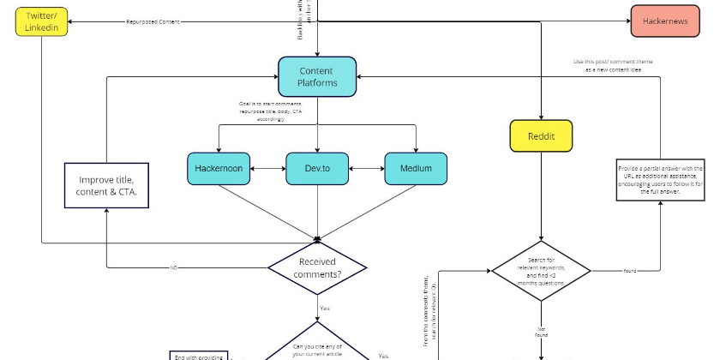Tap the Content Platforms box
click(x=317, y=76)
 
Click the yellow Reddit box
click(x=540, y=135)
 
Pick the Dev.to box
click(x=317, y=169)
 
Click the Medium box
click(x=416, y=169)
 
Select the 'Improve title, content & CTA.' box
click(x=106, y=186)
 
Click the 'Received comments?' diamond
click(x=317, y=267)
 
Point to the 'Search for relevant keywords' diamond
click(x=540, y=270)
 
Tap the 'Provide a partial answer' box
click(x=660, y=180)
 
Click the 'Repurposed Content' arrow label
click(x=151, y=21)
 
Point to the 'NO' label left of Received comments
click(x=173, y=267)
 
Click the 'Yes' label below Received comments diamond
click(x=325, y=308)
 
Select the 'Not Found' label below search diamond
click(x=541, y=330)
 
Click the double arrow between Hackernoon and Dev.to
click(x=269, y=169)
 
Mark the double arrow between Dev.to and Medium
click(x=367, y=169)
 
